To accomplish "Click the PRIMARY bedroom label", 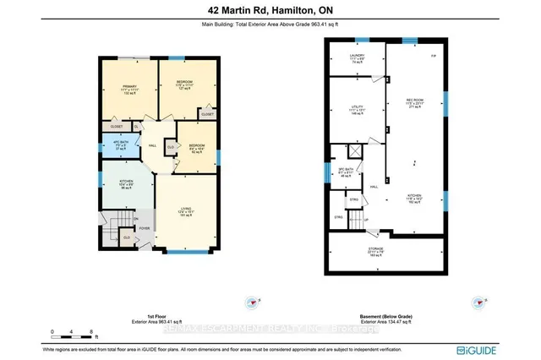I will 128,87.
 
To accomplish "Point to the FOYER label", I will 144,227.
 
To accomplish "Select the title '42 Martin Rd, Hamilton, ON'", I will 270,9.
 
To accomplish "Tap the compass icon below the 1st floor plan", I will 251,302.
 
